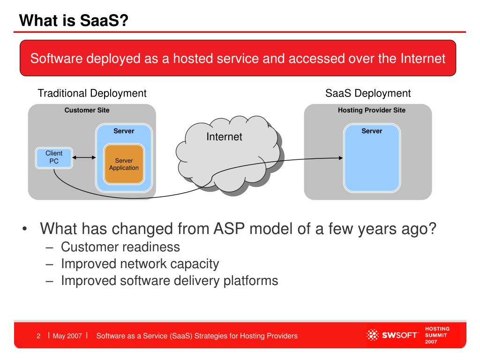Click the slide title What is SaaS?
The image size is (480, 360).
74,21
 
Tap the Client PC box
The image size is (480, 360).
54,157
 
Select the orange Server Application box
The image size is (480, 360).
124,164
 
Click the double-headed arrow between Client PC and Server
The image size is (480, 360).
84,157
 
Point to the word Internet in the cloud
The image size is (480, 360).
224,136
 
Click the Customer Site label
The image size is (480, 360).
87,110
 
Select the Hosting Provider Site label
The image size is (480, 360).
372,110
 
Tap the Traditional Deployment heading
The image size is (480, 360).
92,93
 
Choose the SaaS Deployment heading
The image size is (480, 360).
368,93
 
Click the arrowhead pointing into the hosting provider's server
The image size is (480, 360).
341,158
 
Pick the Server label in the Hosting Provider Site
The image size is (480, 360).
372,131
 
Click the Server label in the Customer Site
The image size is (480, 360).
124,131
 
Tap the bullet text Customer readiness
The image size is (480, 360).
120,247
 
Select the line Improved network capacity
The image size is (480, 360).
140,264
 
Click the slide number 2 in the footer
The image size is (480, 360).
38,336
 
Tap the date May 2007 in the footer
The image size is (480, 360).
67,336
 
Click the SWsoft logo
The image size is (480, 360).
392,335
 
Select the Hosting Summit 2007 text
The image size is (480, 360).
437,335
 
